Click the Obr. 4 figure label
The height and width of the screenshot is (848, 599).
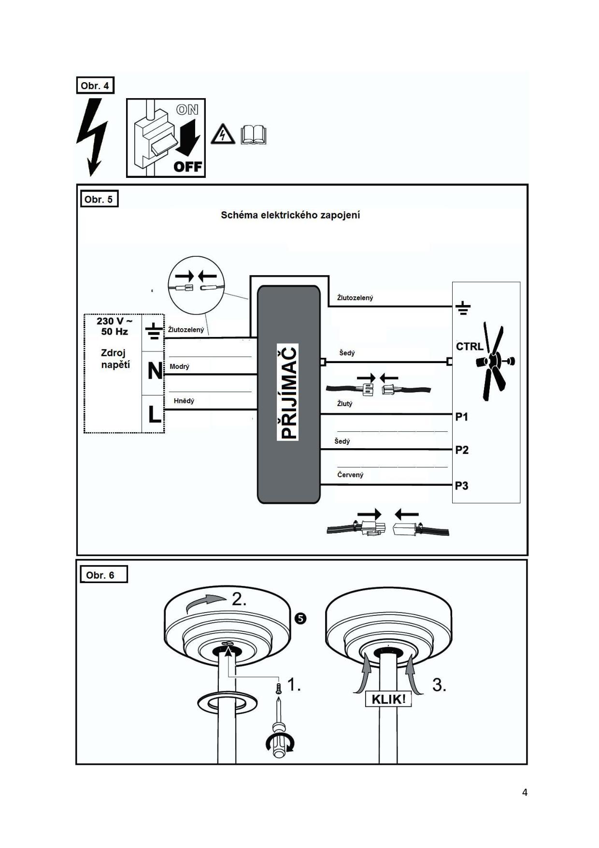click(x=95, y=86)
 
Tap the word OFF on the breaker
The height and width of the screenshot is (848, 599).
click(x=187, y=167)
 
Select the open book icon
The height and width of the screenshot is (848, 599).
click(x=254, y=135)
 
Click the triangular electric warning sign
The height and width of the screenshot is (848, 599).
click(x=223, y=134)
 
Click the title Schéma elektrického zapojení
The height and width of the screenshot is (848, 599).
click(x=290, y=215)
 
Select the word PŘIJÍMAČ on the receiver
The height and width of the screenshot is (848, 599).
click(x=288, y=392)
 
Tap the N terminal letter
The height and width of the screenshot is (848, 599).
click(x=155, y=371)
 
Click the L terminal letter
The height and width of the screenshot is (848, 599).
click(x=154, y=414)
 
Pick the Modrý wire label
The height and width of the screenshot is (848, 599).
click(x=180, y=366)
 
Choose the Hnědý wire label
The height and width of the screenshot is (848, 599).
click(x=184, y=400)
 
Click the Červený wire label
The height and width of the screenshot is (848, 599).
click(x=350, y=475)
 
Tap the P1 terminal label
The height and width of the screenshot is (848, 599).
click(x=462, y=417)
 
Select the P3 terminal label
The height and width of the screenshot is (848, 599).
click(x=462, y=485)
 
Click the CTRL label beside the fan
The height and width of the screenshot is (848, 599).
click(x=470, y=347)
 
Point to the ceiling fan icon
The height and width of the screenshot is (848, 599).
click(x=495, y=361)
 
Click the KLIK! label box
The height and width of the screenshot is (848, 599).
click(x=388, y=699)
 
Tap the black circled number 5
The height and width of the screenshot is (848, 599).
click(x=300, y=618)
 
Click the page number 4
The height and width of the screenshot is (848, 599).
click(x=525, y=792)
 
